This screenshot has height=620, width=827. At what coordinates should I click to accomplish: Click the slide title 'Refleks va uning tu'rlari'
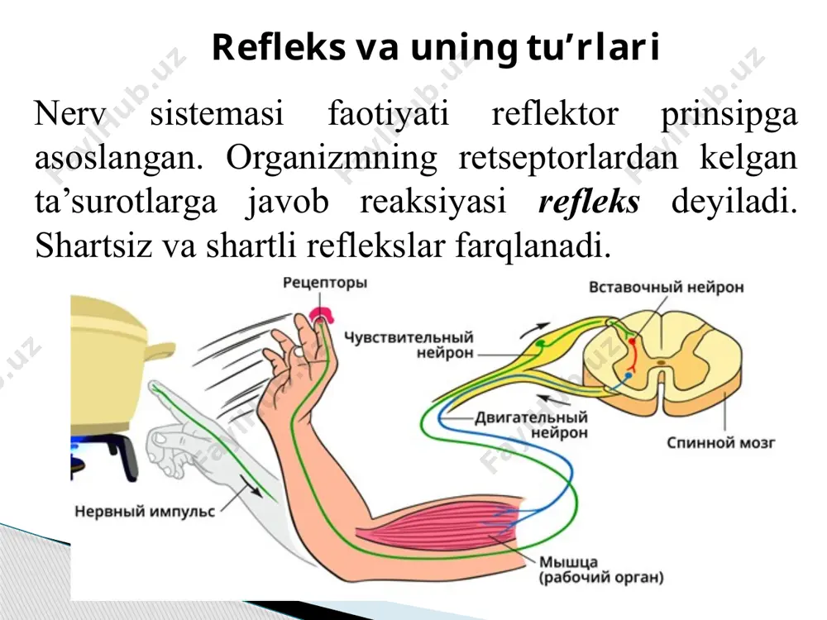coord(436,47)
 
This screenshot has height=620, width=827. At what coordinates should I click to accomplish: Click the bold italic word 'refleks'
coord(589,201)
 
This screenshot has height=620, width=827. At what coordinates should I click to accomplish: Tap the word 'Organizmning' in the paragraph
coord(332,158)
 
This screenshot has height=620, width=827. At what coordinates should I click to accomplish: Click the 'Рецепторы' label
coord(325,283)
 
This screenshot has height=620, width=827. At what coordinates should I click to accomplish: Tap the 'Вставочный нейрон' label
coord(666,288)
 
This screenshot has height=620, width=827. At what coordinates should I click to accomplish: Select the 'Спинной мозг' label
coord(721,442)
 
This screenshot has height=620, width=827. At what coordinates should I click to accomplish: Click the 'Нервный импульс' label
coord(145,512)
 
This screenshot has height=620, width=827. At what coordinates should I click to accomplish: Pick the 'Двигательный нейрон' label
coord(531,425)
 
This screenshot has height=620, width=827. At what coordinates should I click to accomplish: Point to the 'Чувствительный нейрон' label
coord(409,345)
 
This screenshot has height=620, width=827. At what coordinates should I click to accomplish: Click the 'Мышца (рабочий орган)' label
coord(600,570)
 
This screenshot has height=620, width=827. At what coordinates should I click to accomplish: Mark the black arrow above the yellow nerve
coord(534,331)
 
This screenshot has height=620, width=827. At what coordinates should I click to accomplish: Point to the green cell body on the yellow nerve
coord(540,344)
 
